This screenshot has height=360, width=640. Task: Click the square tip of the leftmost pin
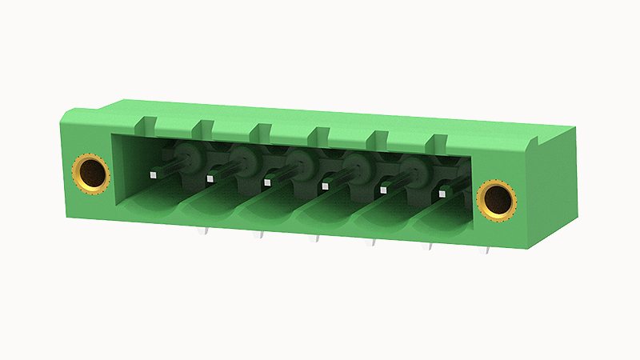[152, 172]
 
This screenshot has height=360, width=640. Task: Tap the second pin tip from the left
[210, 178]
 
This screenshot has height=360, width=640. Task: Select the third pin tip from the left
[267, 182]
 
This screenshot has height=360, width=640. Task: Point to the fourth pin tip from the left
[325, 186]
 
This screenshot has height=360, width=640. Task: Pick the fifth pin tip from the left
[384, 190]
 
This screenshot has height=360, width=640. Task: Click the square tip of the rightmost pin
[443, 194]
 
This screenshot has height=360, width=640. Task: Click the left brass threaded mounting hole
[90, 173]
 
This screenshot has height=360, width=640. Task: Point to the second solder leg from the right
[428, 246]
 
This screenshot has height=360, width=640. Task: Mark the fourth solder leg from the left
[372, 242]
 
